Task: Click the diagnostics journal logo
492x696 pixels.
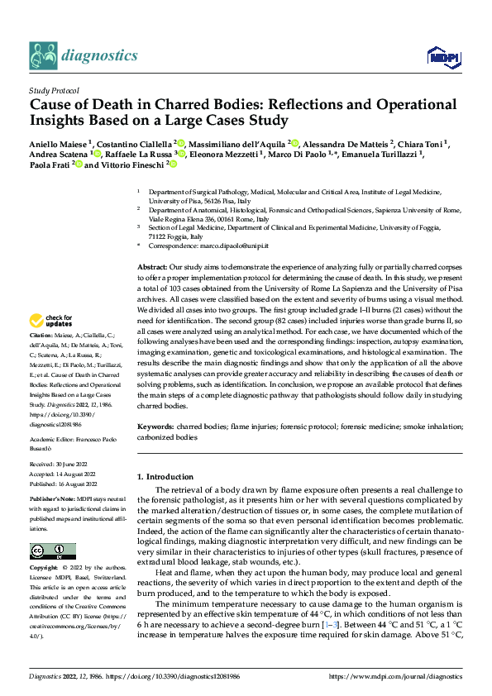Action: [x=72, y=55]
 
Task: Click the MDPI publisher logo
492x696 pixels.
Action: [x=439, y=55]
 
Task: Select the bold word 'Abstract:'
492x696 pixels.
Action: [x=152, y=269]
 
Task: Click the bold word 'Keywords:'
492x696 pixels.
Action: [x=155, y=426]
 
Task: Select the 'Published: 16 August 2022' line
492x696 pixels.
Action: [x=64, y=484]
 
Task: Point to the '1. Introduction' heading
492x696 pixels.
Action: [x=165, y=477]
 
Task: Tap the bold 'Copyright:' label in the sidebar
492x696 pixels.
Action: [x=44, y=569]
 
